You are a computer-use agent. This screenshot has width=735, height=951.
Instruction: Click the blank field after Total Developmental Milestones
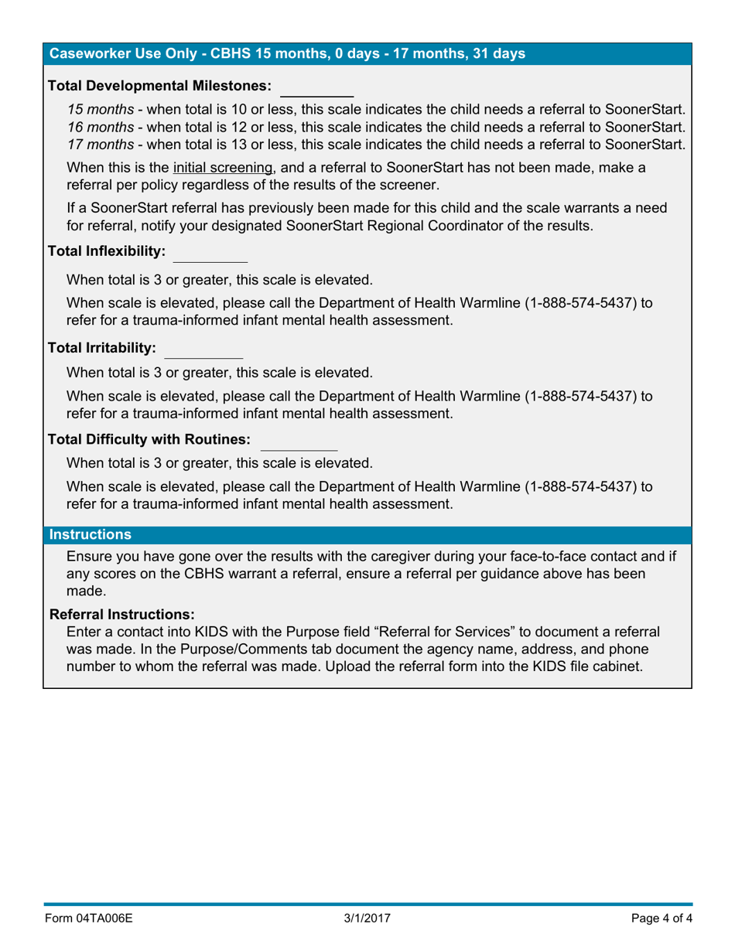pos(316,85)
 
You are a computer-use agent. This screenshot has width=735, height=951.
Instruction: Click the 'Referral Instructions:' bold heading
pos(122,614)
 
